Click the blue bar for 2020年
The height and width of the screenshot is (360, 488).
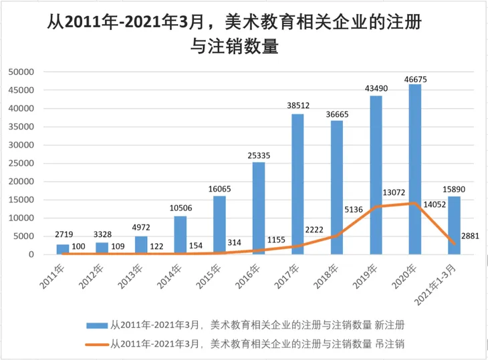(415, 170)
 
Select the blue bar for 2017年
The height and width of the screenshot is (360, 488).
(297, 184)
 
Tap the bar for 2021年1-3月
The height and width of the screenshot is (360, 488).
(454, 225)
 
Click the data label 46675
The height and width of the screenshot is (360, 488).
(415, 79)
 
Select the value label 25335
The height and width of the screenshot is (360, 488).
(258, 156)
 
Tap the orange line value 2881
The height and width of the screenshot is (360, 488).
(469, 236)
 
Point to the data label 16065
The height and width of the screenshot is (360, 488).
(219, 190)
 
